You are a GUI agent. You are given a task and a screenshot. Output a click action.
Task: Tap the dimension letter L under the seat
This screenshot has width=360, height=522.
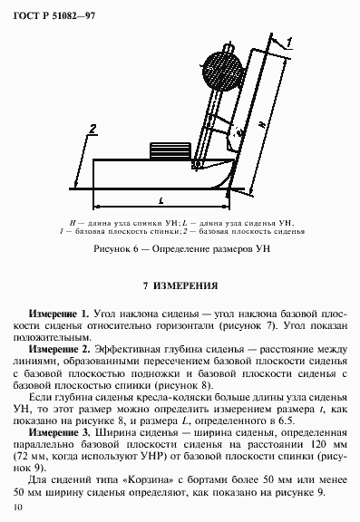click(x=160, y=197)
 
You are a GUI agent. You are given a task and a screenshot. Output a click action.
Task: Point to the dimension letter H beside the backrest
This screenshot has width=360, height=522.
click(x=261, y=124)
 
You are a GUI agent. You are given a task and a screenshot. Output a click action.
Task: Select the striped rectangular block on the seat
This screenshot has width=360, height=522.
click(x=169, y=149)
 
